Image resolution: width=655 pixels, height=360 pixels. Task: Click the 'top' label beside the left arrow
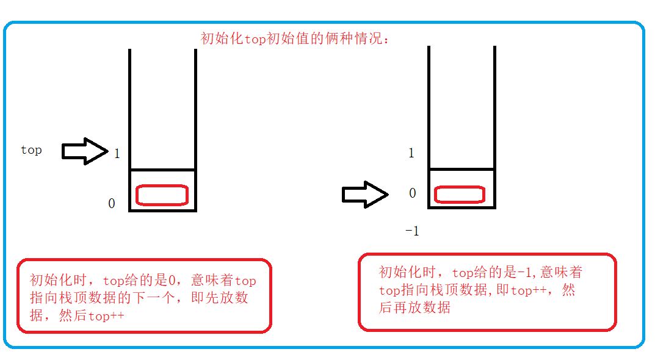pos(31,150)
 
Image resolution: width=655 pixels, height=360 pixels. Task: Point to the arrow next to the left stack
pos(84,151)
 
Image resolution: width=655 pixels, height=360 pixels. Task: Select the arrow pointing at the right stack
pos(364,195)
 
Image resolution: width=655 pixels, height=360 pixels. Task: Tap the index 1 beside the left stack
pos(117,154)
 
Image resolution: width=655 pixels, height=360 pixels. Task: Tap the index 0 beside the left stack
pos(112,204)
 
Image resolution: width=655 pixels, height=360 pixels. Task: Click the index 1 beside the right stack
pos(411,153)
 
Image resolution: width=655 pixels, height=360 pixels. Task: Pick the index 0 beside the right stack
pos(413,193)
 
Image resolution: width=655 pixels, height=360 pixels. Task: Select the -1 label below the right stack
pos(412,231)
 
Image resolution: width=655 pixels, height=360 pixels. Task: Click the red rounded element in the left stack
pos(162,195)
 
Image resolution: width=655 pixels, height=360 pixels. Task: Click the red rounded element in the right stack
pos(459,195)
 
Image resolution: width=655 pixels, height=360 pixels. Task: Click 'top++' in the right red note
pos(529,290)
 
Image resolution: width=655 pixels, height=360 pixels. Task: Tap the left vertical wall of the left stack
pos(130,122)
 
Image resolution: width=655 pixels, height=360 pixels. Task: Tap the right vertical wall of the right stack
pos(494,122)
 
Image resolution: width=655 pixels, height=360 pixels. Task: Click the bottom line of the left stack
pos(162,211)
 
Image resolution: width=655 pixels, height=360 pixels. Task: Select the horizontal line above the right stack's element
pos(461,168)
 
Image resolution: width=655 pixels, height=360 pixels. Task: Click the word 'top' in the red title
pos(256,39)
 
